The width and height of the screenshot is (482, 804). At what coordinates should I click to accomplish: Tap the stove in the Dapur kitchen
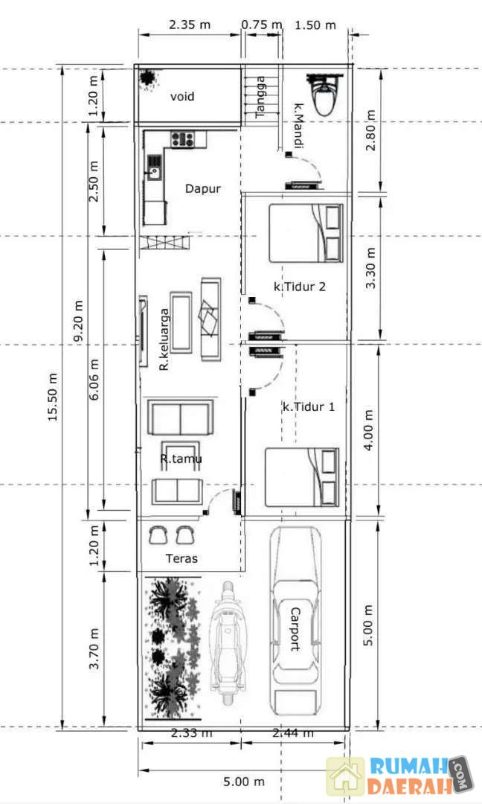[182, 139]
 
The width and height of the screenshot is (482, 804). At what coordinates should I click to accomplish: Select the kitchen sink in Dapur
[154, 167]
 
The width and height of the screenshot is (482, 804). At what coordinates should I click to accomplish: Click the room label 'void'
[182, 96]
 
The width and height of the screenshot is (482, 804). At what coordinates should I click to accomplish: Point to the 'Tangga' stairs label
[260, 97]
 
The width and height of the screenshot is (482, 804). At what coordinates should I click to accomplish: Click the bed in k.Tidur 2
[306, 233]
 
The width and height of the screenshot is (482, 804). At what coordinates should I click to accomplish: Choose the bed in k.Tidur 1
[302, 477]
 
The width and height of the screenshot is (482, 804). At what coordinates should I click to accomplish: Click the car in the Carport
[295, 620]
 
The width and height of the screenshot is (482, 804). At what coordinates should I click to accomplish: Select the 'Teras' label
[181, 558]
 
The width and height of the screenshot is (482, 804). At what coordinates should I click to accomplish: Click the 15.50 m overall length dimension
[52, 398]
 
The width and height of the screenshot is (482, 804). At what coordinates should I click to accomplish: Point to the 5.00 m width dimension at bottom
[244, 782]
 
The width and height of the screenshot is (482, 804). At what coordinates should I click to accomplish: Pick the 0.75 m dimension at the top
[262, 25]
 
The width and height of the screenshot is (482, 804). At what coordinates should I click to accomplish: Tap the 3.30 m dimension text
[370, 268]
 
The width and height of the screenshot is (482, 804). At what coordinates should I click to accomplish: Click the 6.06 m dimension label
[94, 380]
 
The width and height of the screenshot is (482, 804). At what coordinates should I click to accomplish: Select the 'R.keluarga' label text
[164, 339]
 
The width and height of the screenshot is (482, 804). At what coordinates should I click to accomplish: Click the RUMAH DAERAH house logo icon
[346, 776]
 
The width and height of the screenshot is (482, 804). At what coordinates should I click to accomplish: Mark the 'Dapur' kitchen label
[203, 188]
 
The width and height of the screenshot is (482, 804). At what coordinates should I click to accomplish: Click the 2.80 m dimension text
[370, 130]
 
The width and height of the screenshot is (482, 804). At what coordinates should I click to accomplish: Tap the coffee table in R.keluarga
[181, 322]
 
